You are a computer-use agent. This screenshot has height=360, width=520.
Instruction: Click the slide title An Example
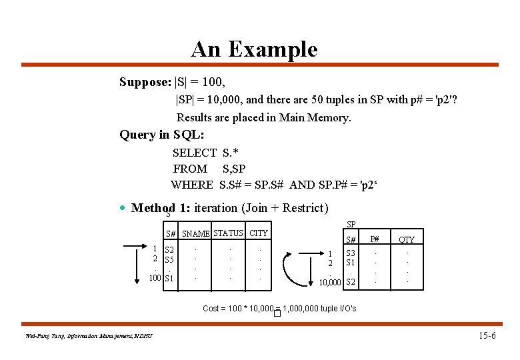(x=254, y=49)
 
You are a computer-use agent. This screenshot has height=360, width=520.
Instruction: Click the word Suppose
(x=144, y=82)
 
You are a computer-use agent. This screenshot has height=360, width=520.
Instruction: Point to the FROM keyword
(x=190, y=169)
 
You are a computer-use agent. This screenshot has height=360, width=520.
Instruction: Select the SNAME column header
(x=196, y=234)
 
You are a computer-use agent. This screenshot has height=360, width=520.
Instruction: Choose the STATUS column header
(x=228, y=233)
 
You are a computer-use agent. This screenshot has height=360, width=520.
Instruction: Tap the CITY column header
(x=259, y=233)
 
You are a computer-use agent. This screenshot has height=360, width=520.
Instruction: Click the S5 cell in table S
(x=169, y=259)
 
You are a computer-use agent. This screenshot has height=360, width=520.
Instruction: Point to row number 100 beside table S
(x=155, y=278)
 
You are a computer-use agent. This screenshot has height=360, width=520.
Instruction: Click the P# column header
(x=375, y=239)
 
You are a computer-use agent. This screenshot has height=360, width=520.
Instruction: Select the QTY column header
(x=407, y=240)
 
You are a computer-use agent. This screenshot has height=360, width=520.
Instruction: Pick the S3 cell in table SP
(x=350, y=253)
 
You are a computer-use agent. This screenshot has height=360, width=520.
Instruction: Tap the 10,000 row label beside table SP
(x=329, y=283)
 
